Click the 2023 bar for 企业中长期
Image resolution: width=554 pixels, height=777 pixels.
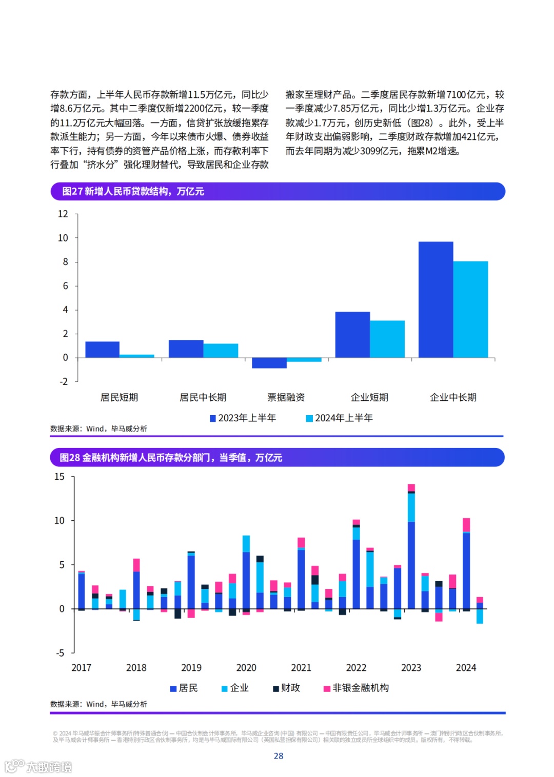coord(436,299)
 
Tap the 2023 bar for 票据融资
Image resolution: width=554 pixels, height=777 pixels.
coord(269,363)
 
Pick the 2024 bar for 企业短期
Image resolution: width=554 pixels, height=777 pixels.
coord(387,339)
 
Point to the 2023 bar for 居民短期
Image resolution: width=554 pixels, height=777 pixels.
coord(102,350)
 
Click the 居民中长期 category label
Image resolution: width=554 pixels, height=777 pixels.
coord(203,397)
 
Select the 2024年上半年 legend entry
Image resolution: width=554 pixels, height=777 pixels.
coord(339,418)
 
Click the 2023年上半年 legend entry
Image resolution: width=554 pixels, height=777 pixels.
coord(243,418)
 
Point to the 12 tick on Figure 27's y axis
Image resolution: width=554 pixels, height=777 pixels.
coord(63,214)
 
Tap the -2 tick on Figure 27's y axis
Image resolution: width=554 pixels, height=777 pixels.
coord(63,381)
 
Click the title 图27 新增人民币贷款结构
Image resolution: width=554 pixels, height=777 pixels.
coord(133,191)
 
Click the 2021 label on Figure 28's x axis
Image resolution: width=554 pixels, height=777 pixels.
coord(301,667)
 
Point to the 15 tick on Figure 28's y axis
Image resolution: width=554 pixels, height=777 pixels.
coord(60,477)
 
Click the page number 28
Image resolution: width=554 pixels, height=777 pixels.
coord(279,755)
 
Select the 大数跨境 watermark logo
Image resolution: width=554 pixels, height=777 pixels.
coord(38,766)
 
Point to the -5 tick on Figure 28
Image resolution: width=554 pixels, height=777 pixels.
coord(60,653)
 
